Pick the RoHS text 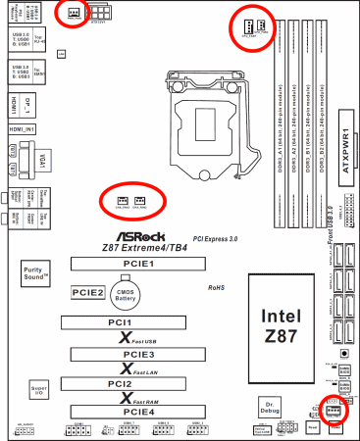click(215, 288)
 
